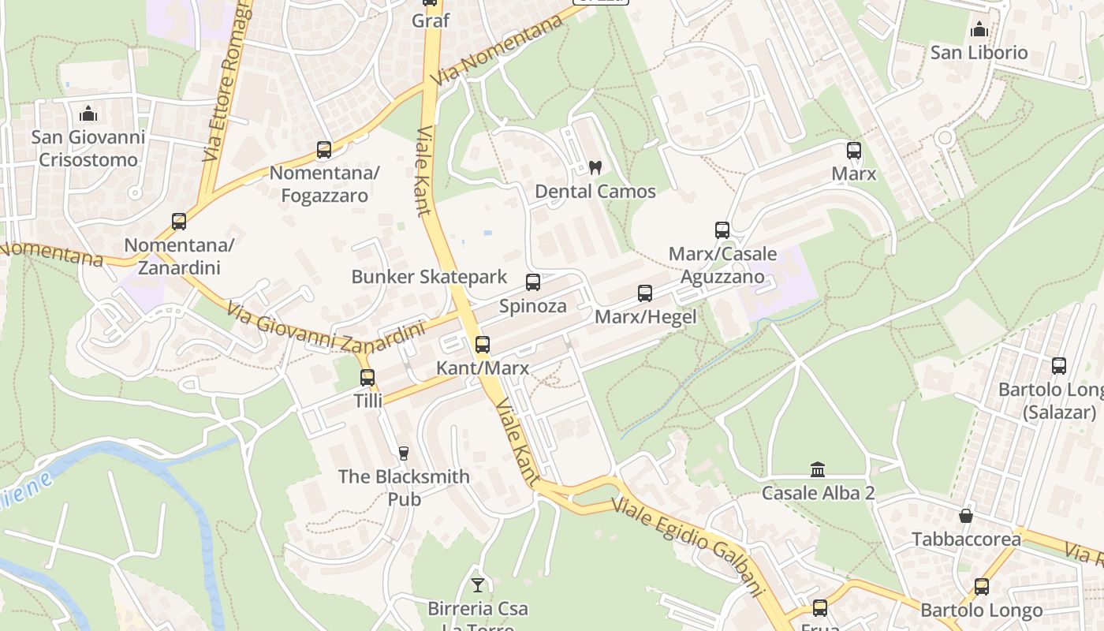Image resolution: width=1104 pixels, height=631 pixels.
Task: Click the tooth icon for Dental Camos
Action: (x=595, y=167)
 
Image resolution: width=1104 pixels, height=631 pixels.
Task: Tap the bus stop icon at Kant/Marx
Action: (x=483, y=345)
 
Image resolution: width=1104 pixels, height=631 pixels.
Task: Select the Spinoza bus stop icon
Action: (x=533, y=282)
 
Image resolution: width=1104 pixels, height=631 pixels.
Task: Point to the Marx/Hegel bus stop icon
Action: (x=645, y=293)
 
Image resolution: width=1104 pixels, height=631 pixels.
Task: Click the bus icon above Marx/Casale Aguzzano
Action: (x=722, y=230)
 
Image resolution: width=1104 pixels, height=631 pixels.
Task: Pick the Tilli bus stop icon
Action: (x=367, y=378)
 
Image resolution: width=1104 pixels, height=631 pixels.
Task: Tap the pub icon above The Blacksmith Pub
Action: (x=404, y=453)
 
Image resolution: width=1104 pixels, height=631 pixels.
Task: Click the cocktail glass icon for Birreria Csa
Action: (x=478, y=585)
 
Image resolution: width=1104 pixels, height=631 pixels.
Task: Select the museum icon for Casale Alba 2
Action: (x=818, y=469)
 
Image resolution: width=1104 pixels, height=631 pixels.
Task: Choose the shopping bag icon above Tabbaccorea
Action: (x=966, y=516)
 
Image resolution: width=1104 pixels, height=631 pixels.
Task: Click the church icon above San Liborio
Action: (x=979, y=30)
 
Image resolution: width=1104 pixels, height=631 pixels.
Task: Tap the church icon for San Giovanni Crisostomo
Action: (x=88, y=114)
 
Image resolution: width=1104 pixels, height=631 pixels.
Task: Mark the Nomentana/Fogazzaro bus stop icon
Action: (x=324, y=149)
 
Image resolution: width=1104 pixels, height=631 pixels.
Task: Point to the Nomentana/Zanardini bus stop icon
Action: (x=179, y=222)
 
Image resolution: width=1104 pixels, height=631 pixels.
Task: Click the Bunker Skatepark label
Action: (x=429, y=277)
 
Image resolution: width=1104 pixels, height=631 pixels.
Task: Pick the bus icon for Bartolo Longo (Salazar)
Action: (x=1059, y=366)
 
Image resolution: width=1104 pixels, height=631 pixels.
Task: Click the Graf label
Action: (x=431, y=21)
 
